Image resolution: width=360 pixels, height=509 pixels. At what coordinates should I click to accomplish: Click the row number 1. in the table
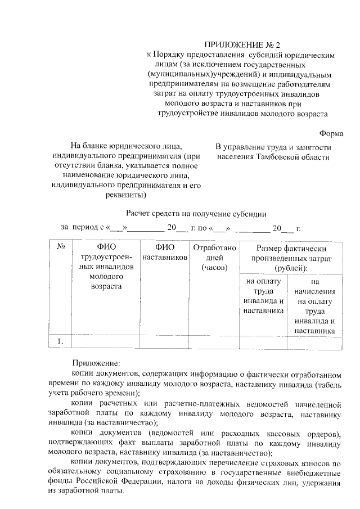61,341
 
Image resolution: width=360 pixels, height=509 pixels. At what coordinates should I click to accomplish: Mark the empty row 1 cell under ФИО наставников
165,341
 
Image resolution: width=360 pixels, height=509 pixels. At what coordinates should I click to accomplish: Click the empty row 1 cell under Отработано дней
214,341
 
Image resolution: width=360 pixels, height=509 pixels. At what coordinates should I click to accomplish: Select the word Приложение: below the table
92,363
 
